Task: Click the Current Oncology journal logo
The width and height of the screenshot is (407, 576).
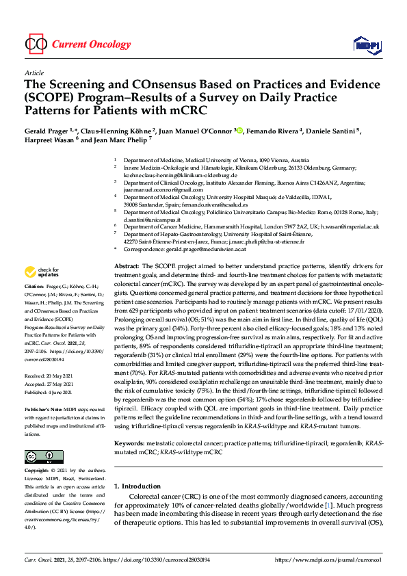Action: point(77,44)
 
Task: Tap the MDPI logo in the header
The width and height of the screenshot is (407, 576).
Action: point(366,44)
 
